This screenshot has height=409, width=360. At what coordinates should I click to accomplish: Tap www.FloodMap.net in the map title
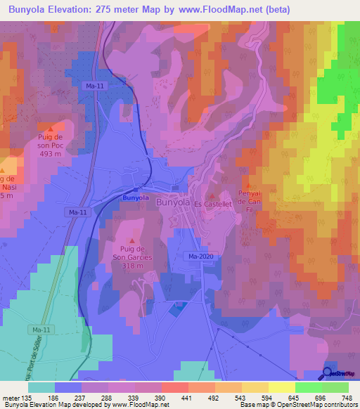215,10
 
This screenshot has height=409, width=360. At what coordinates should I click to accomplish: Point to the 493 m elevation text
51,154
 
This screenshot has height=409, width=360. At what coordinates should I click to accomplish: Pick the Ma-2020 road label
200,257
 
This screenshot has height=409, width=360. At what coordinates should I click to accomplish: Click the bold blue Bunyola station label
136,198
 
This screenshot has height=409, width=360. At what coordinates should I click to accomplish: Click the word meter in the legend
11,398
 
